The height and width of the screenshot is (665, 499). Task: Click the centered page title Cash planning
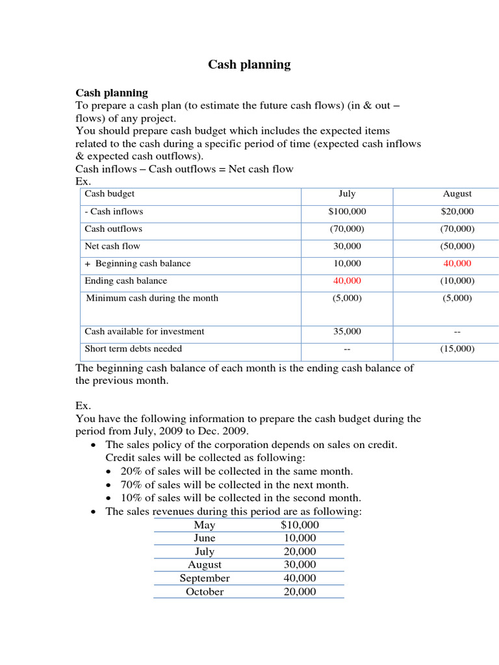click(249, 64)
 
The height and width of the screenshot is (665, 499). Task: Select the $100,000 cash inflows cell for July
click(347, 212)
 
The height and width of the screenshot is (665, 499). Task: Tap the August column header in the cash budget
click(457, 194)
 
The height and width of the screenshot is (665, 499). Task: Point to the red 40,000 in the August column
click(457, 264)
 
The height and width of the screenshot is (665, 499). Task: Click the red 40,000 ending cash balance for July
click(347, 281)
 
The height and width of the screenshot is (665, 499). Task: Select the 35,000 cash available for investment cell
click(347, 331)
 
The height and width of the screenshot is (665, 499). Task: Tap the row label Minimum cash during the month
click(152, 298)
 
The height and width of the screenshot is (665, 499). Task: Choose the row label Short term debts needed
click(133, 349)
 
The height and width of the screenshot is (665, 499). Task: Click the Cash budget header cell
click(110, 194)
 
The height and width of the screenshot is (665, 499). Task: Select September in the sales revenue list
click(205, 578)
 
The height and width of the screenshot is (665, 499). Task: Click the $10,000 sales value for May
click(300, 525)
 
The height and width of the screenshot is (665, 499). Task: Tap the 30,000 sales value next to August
click(300, 565)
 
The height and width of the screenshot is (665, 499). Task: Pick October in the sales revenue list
click(205, 592)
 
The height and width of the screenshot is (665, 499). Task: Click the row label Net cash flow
click(112, 246)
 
